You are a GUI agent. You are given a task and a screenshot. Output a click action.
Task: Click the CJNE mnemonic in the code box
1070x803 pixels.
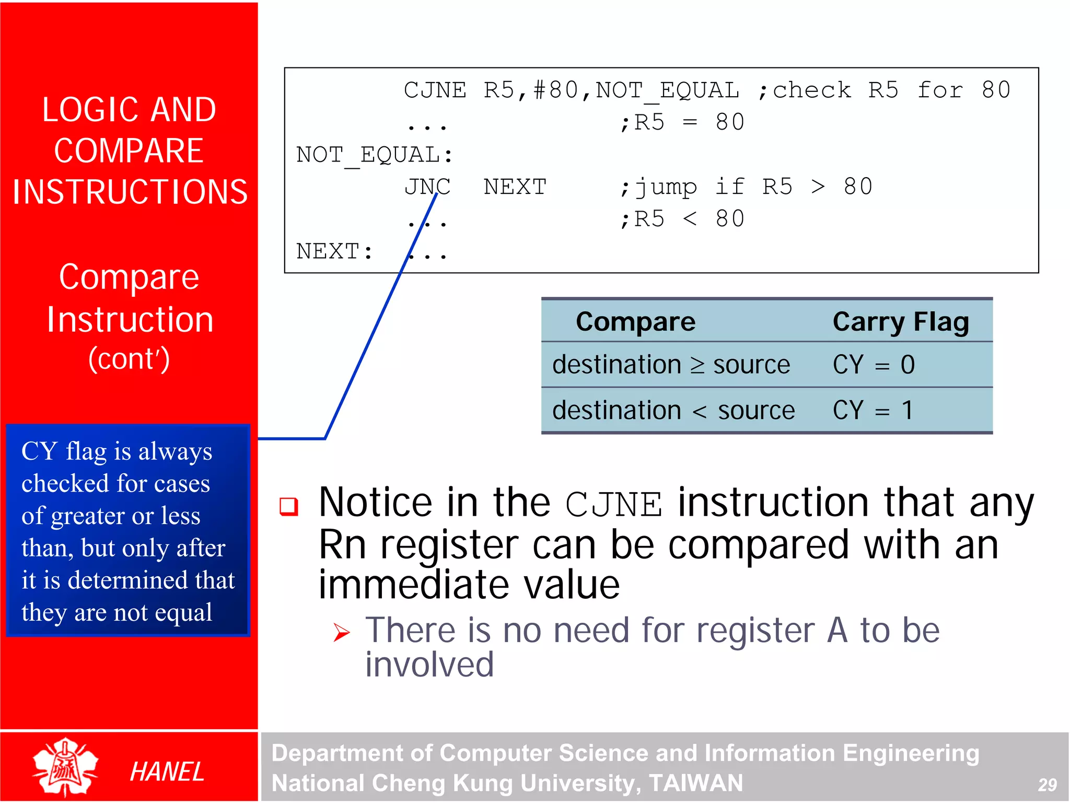pyautogui.click(x=435, y=90)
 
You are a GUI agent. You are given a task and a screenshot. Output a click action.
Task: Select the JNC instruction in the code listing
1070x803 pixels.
pyautogui.click(x=427, y=187)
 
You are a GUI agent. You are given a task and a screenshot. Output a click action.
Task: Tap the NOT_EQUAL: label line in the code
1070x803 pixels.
pyautogui.click(x=374, y=155)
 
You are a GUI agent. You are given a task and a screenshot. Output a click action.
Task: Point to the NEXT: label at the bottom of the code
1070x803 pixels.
pyautogui.click(x=334, y=251)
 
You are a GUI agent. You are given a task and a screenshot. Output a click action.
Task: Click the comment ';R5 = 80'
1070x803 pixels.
pyautogui.click(x=681, y=123)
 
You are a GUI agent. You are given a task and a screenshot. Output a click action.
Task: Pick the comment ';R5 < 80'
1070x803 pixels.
pyautogui.click(x=681, y=219)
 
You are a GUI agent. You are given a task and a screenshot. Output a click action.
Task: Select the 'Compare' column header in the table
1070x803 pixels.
pyautogui.click(x=635, y=321)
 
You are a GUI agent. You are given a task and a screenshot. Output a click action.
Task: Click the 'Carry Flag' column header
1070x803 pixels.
pyautogui.click(x=901, y=321)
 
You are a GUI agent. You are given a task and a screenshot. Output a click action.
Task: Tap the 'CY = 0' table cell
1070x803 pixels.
pyautogui.click(x=874, y=365)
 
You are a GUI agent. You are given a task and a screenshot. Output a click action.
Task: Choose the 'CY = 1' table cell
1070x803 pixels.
pyautogui.click(x=874, y=410)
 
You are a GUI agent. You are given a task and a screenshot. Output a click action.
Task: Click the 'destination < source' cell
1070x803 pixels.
pyautogui.click(x=673, y=410)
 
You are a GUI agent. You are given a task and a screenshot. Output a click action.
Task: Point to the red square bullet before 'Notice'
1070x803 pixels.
pyautogui.click(x=289, y=506)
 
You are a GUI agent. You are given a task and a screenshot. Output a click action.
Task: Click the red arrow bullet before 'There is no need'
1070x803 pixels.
pyautogui.click(x=342, y=632)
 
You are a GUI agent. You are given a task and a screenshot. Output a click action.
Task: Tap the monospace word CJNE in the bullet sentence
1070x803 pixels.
pyautogui.click(x=613, y=505)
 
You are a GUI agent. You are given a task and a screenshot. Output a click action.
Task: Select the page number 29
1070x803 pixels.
pyautogui.click(x=1047, y=785)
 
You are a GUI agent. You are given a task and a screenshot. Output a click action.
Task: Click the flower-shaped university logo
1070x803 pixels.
pyautogui.click(x=65, y=766)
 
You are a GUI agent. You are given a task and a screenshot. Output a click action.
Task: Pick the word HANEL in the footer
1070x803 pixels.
pyautogui.click(x=167, y=772)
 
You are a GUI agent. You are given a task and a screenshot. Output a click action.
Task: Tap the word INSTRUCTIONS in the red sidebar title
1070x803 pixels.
pyautogui.click(x=130, y=192)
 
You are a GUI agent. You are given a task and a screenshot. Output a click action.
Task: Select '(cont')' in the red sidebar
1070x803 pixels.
pyautogui.click(x=129, y=359)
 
